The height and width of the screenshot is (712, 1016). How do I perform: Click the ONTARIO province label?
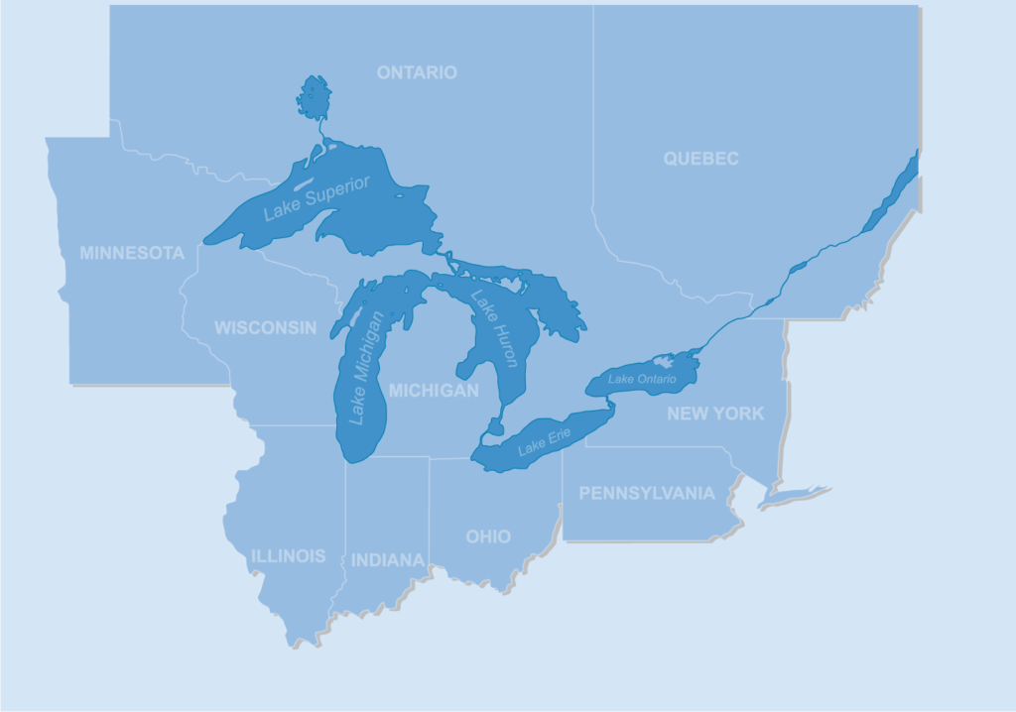point(417,72)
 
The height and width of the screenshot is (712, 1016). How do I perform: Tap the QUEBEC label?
point(701,159)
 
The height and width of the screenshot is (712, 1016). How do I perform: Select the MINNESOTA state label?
point(132,253)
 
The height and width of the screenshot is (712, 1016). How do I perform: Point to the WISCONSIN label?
point(266,327)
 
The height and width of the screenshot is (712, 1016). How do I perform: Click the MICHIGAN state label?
point(434,391)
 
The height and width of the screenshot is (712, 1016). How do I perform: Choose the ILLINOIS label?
point(288,555)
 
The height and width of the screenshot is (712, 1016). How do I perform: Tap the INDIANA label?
point(388,560)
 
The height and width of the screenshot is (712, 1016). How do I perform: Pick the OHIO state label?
point(488,536)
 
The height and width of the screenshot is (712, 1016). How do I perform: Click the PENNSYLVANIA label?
point(646,493)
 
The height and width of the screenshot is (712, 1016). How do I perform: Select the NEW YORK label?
point(715,414)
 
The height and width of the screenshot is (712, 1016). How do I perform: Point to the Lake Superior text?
point(317,198)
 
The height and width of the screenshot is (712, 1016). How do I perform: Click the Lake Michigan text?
point(365,368)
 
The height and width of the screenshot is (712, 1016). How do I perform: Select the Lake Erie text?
point(545,441)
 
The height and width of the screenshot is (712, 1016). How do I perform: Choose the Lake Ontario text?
point(642,379)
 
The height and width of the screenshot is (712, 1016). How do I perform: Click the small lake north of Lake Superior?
point(314,97)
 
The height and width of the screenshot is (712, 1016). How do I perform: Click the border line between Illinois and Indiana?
point(345,535)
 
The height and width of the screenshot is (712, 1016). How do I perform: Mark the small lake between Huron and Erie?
point(492,427)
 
